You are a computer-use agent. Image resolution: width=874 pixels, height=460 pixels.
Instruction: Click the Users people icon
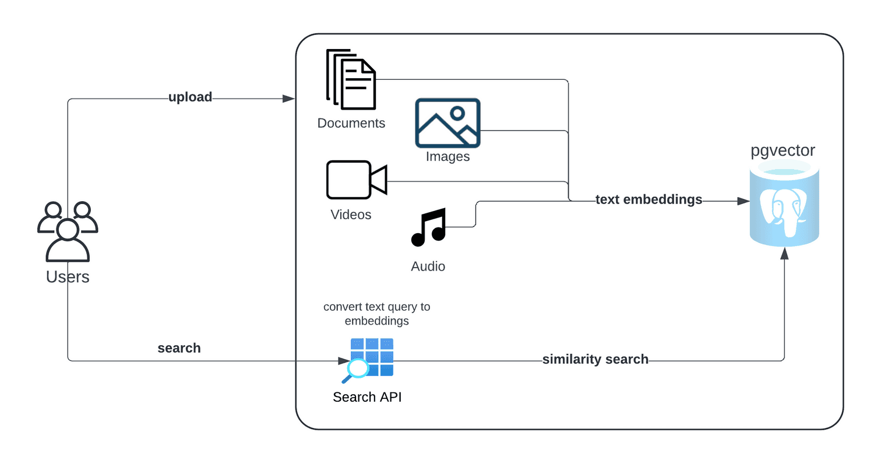(68, 231)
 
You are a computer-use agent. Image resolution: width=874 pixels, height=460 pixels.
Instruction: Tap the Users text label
(68, 276)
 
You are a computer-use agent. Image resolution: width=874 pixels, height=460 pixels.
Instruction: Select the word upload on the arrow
(190, 97)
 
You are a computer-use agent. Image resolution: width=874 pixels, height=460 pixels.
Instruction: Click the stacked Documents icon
(351, 80)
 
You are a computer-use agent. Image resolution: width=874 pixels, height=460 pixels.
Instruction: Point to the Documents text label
(351, 123)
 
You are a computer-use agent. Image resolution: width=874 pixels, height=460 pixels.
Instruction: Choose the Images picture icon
(447, 122)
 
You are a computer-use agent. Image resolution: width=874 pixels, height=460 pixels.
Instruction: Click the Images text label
(447, 156)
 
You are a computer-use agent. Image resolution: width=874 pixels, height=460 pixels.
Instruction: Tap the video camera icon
(356, 180)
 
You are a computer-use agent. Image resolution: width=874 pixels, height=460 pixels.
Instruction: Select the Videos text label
(351, 215)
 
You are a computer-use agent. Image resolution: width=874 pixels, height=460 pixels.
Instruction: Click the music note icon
(429, 227)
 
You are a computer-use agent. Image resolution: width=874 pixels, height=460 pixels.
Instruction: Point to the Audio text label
(428, 266)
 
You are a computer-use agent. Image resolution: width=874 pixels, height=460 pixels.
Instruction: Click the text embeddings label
(649, 199)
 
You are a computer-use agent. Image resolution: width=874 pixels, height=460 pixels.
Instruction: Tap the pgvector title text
(783, 151)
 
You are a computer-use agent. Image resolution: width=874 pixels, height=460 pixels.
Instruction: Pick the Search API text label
(367, 397)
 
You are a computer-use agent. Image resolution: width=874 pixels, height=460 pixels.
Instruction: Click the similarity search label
(595, 359)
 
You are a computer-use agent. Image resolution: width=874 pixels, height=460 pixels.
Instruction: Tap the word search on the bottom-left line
(179, 348)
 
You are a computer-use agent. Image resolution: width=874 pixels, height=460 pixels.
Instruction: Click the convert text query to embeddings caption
(376, 314)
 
